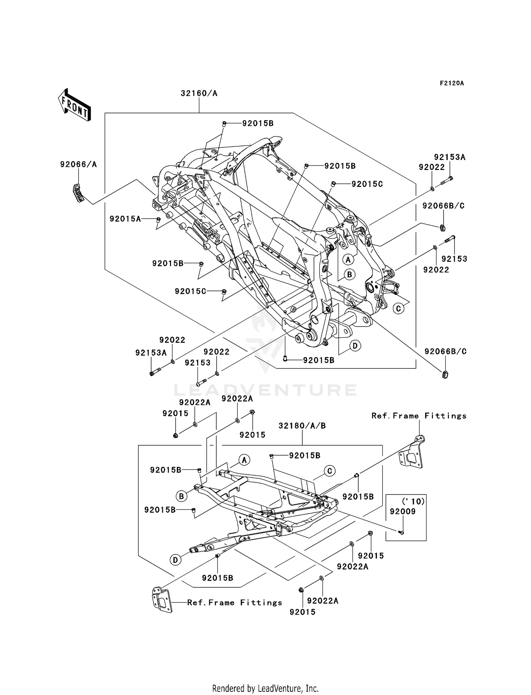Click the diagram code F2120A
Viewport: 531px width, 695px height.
pyautogui.click(x=452, y=83)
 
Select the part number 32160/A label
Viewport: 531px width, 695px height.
pyautogui.click(x=199, y=94)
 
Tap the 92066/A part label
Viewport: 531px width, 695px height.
pyautogui.click(x=78, y=164)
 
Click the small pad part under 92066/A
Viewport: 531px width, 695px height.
pyautogui.click(x=79, y=193)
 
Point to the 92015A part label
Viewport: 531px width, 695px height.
pyautogui.click(x=125, y=219)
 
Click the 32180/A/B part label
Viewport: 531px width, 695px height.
pyautogui.click(x=302, y=426)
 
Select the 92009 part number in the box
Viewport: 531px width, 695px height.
pyautogui.click(x=402, y=512)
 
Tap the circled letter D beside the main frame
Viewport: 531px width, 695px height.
pyautogui.click(x=355, y=345)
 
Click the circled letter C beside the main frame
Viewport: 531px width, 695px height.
pyautogui.click(x=398, y=308)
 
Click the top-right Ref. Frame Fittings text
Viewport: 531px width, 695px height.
pyautogui.click(x=419, y=416)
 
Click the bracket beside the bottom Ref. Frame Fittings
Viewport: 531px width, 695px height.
pyautogui.click(x=161, y=600)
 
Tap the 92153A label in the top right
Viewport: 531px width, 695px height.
pyautogui.click(x=450, y=157)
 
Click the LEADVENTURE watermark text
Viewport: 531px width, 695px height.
pyautogui.click(x=265, y=390)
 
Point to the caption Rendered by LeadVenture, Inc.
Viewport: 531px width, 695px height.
pyautogui.click(x=265, y=688)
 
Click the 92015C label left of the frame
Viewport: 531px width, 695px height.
pyautogui.click(x=190, y=291)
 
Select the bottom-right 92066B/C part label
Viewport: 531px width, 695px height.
pyautogui.click(x=445, y=351)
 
